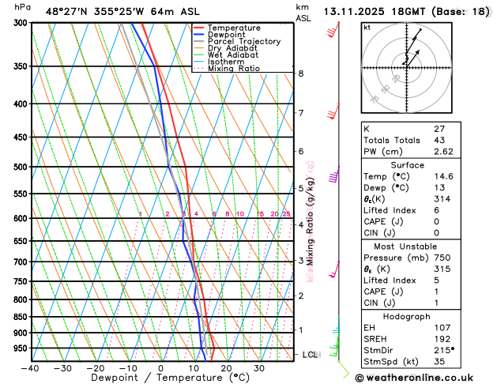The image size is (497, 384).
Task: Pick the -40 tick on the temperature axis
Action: (30, 368)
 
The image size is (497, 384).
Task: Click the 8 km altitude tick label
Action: (300, 73)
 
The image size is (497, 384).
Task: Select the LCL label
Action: (310, 355)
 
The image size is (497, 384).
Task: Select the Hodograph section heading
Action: (424, 315)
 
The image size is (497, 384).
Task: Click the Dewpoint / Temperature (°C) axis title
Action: (161, 378)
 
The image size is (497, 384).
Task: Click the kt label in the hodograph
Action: (367, 27)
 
